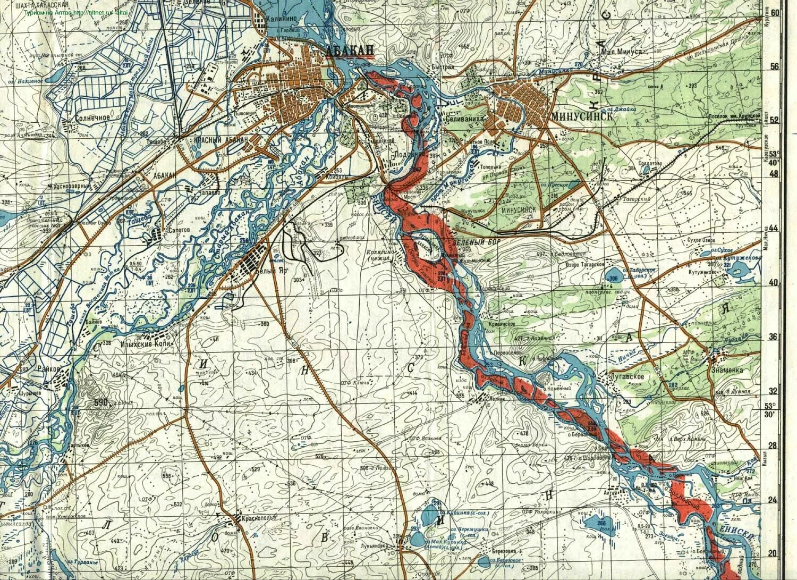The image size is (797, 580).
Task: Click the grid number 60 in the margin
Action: point(789,13)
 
